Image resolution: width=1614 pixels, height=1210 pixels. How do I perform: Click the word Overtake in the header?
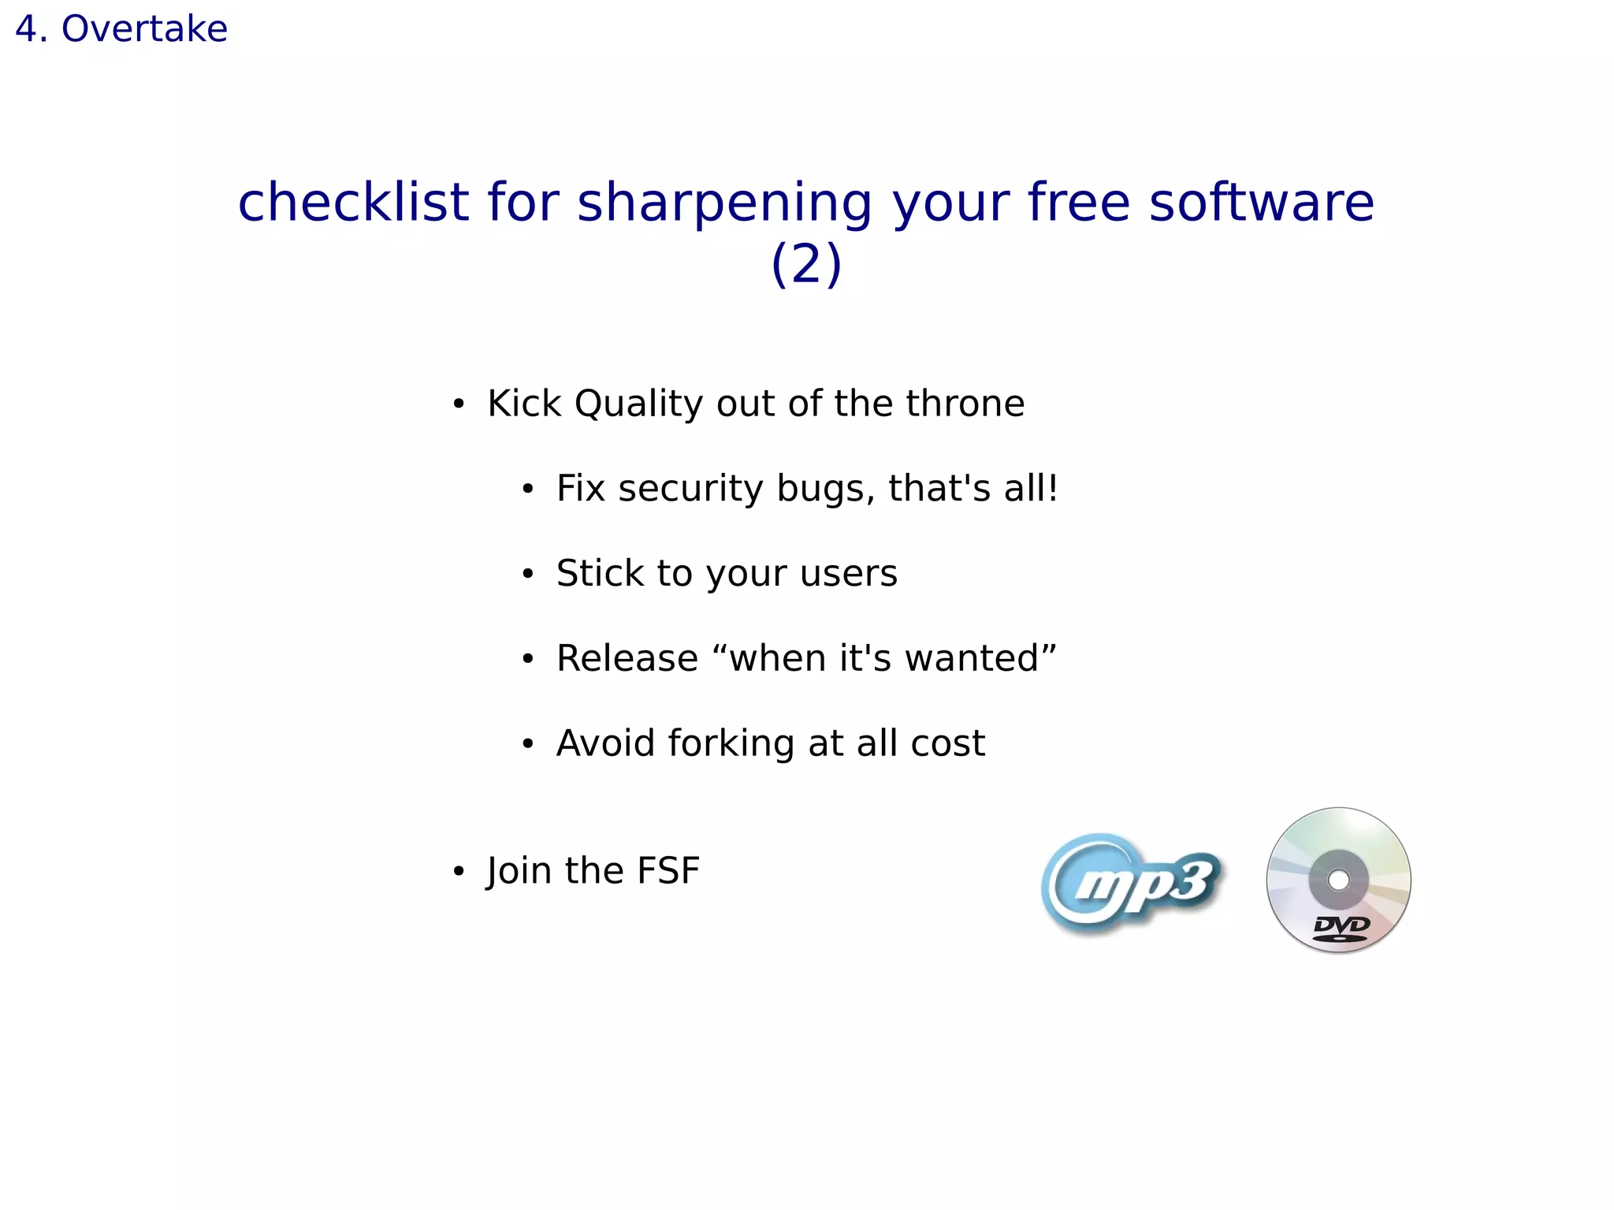[x=144, y=29]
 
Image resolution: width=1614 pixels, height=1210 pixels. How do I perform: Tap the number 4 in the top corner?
[x=26, y=29]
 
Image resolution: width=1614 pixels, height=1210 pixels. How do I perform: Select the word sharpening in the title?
[x=724, y=203]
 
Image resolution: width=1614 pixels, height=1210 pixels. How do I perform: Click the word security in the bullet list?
[x=690, y=489]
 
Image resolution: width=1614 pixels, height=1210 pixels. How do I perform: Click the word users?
[x=848, y=573]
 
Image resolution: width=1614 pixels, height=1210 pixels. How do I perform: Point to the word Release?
[x=627, y=658]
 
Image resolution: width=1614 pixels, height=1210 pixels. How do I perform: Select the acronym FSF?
[x=668, y=871]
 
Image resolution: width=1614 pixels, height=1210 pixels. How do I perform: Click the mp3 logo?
[x=1132, y=882]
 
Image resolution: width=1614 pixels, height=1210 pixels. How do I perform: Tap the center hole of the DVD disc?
[x=1338, y=879]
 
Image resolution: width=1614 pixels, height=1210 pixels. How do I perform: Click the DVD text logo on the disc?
[x=1341, y=927]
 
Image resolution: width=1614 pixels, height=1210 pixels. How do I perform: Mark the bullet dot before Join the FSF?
[x=459, y=872]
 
